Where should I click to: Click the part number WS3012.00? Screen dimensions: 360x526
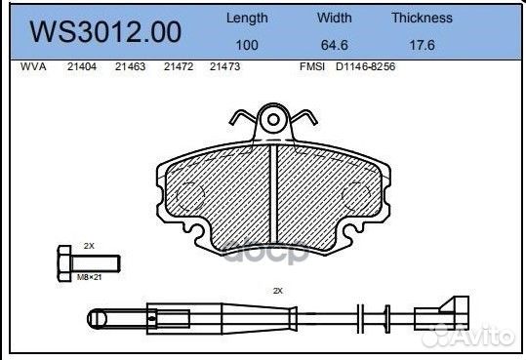[105, 32]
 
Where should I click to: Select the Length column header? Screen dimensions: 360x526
[247, 18]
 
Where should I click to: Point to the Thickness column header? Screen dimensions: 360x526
[422, 18]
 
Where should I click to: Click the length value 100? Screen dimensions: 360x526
[247, 45]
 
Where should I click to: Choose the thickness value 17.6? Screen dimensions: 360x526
[422, 45]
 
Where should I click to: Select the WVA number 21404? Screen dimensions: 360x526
[82, 67]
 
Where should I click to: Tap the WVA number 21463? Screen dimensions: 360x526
[130, 67]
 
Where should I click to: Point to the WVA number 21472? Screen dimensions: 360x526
[178, 67]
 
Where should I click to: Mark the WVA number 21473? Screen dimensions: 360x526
[225, 67]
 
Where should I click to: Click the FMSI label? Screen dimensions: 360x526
[314, 67]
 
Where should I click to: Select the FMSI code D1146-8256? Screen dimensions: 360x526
[366, 67]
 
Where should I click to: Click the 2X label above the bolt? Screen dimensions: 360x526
[89, 245]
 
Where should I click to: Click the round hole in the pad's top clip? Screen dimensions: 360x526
[275, 121]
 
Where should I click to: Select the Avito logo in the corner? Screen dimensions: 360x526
[478, 336]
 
